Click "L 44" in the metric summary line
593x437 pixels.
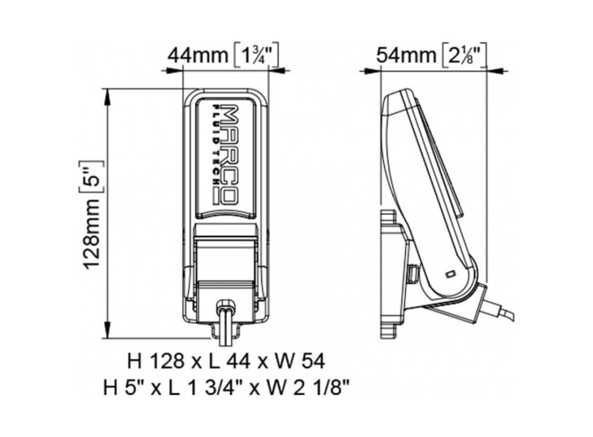(227, 361)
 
